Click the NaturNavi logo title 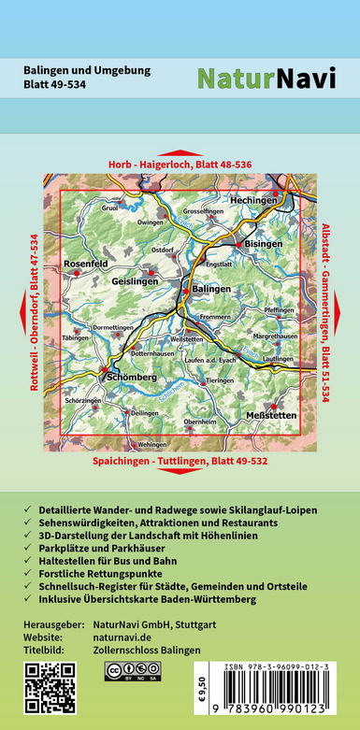[x=266, y=79]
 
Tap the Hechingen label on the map [x=254, y=200]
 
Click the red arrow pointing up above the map [x=180, y=152]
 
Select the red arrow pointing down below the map [x=180, y=476]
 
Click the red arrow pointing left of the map [x=21, y=313]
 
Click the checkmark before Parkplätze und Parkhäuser [x=32, y=564]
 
